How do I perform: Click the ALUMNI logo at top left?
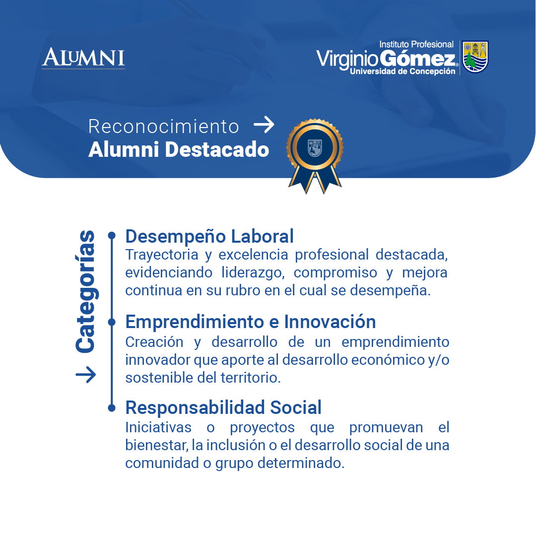point(83,58)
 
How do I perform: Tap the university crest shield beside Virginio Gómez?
point(475,57)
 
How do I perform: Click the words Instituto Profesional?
point(416,44)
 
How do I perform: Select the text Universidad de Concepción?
point(402,71)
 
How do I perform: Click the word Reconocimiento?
point(163,127)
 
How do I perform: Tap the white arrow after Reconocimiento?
point(264,125)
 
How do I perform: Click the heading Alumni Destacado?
point(179,149)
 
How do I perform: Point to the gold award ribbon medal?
point(315,156)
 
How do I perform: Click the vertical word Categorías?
point(85,291)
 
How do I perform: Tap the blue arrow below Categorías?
point(86,375)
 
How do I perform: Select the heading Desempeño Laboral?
point(209,236)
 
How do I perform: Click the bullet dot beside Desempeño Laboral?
point(112,235)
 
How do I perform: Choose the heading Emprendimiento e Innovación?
point(251,322)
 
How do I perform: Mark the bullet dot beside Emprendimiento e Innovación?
point(112,322)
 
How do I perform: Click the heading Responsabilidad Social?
point(223,407)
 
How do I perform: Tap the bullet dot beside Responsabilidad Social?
point(112,408)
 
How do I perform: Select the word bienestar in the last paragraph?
point(156,445)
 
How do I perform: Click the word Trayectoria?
point(162,255)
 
